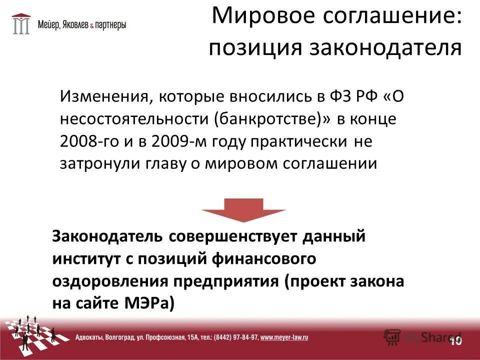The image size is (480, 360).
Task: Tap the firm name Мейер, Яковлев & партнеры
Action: [82, 24]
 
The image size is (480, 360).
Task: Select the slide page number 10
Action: [455, 340]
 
